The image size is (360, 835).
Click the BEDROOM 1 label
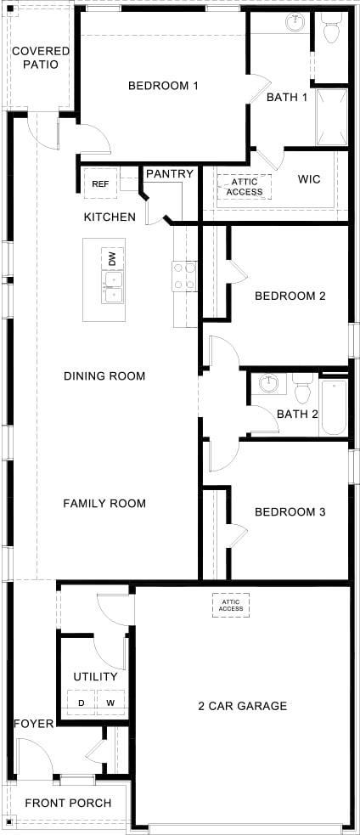point(163,86)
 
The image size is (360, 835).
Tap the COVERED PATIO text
point(41,58)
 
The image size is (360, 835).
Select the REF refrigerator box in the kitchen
point(100,183)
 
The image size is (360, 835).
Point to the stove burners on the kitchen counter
point(184,275)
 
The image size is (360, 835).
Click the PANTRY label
point(170,174)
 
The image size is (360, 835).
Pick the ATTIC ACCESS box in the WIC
point(245,186)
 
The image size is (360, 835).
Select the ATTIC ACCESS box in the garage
point(231,604)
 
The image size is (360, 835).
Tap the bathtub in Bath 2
point(333,407)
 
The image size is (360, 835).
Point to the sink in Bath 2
point(269,384)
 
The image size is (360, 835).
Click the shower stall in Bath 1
point(331,116)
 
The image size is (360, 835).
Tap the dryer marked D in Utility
point(82,702)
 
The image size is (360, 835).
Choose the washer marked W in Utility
point(110,702)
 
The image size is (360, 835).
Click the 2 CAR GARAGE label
point(243,706)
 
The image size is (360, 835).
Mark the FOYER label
point(34,724)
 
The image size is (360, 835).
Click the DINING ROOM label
point(104,376)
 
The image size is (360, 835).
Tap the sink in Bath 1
point(294,23)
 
